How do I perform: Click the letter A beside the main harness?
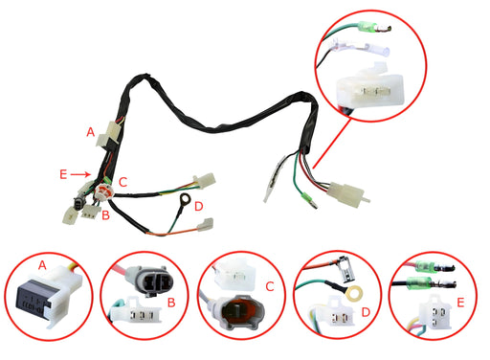[91, 131]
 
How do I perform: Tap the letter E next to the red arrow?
[63, 174]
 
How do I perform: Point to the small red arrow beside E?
[82, 174]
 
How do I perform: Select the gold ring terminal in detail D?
[358, 287]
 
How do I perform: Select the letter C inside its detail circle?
[269, 286]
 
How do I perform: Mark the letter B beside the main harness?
[105, 215]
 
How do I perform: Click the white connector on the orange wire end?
[204, 227]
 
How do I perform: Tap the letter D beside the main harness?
[198, 206]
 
